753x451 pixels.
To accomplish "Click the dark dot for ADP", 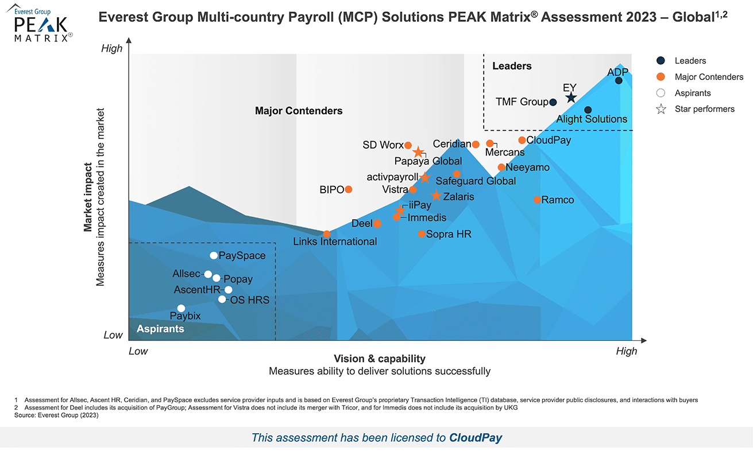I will [x=619, y=80].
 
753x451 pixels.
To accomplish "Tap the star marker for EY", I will [x=570, y=98].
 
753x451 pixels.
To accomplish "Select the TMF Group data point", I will [x=553, y=102].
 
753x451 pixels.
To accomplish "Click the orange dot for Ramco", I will [x=537, y=200].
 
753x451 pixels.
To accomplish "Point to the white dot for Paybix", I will [x=182, y=308].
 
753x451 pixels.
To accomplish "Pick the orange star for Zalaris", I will [x=436, y=196].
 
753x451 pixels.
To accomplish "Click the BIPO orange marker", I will [x=349, y=189].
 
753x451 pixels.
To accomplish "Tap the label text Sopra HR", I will [x=449, y=234].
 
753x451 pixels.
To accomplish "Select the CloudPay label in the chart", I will [x=549, y=140].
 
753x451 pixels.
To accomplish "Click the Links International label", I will [x=335, y=242].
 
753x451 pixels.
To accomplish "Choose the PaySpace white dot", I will [x=214, y=255].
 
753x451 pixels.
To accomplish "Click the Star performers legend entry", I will [x=704, y=109].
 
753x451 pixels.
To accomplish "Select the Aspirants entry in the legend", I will [x=693, y=93].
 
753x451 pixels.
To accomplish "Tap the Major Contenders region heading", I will [x=299, y=111].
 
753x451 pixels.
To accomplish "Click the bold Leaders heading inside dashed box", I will [x=512, y=66].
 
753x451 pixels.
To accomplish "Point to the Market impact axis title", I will [x=88, y=198].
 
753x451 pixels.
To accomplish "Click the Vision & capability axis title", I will [x=380, y=359].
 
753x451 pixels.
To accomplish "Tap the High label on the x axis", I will [x=626, y=351].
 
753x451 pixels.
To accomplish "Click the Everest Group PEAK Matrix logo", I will [x=40, y=24].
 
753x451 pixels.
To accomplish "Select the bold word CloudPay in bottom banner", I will [x=476, y=438].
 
